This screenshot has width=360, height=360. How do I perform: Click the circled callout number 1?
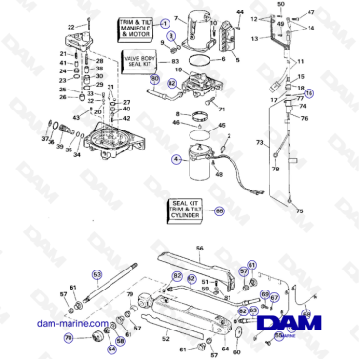pyautogui.click(x=165, y=21)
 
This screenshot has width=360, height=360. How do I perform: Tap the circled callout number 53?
pyautogui.click(x=96, y=272)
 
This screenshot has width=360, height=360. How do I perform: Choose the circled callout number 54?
pyautogui.click(x=111, y=349)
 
